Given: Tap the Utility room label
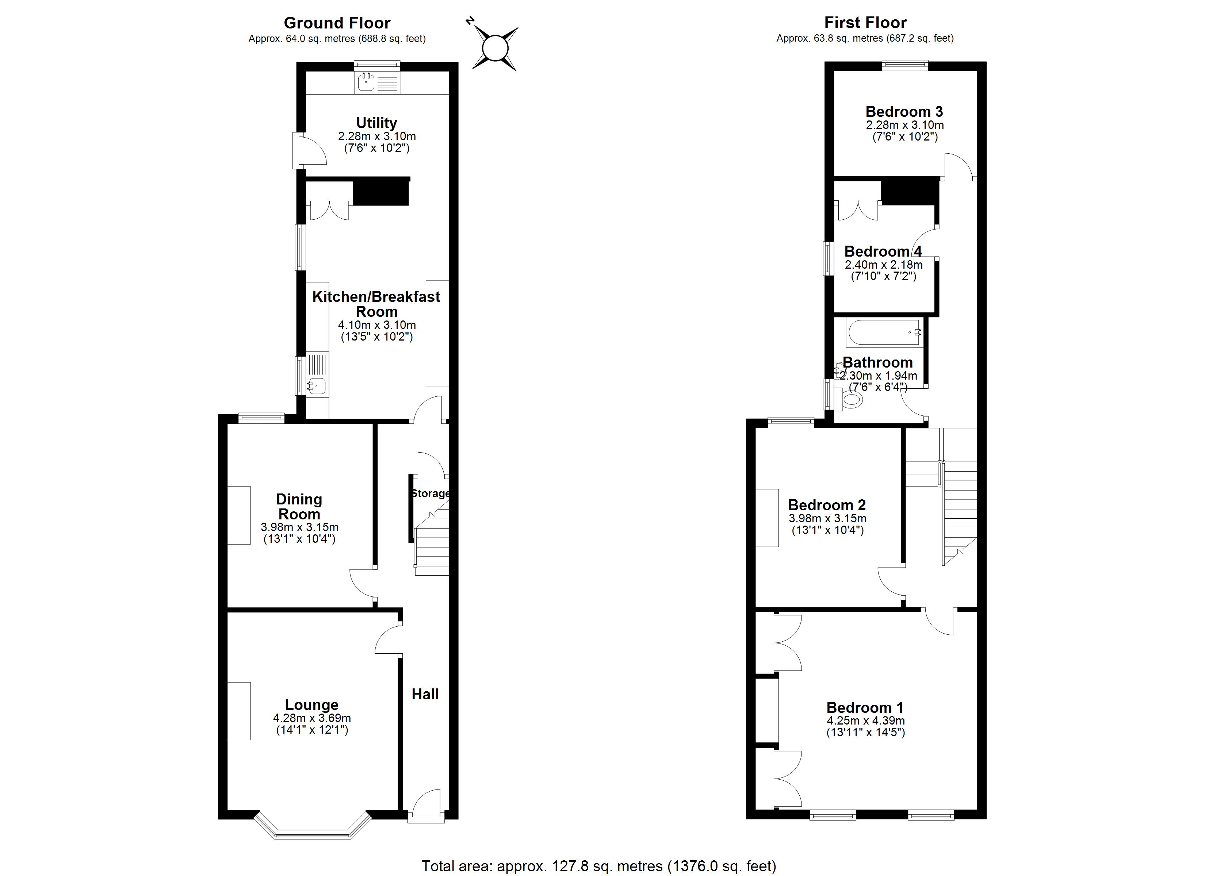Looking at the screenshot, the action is [x=377, y=123].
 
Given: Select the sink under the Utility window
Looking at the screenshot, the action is [x=367, y=82].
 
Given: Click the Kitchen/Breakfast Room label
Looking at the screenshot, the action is [x=376, y=304].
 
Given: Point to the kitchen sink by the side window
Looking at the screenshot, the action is [x=316, y=385].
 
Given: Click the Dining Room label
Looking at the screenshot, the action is [x=299, y=506].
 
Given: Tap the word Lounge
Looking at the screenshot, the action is [x=312, y=704].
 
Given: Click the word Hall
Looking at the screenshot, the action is [x=425, y=694].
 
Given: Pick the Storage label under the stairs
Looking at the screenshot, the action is [x=431, y=493].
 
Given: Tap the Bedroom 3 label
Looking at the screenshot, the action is [x=904, y=112].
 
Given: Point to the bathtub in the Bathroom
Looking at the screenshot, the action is [x=885, y=333].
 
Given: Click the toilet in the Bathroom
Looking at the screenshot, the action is [x=849, y=399].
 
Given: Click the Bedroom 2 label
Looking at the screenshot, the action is [x=827, y=505].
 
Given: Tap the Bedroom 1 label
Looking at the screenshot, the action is [x=865, y=708].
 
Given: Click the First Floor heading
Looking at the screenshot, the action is [x=865, y=23].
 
